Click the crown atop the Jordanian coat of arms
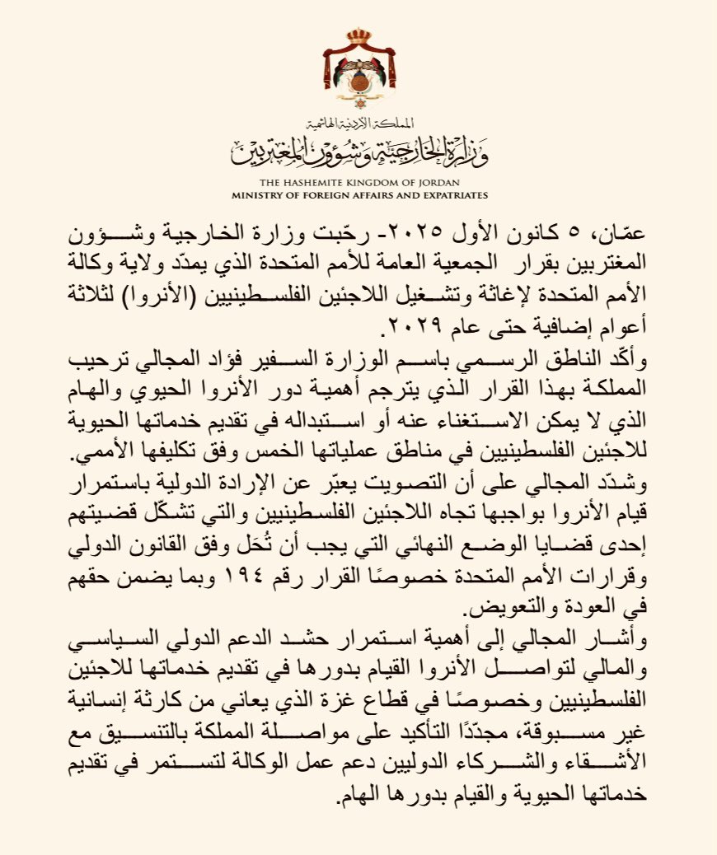tap(358, 36)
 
